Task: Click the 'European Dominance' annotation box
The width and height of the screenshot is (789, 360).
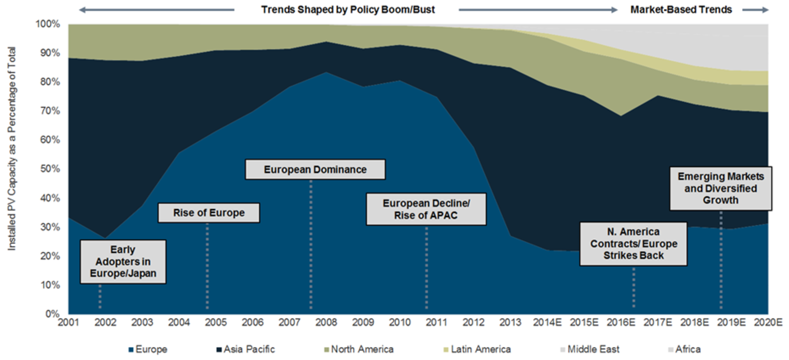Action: tap(315, 170)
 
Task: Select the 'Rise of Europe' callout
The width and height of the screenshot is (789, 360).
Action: tap(209, 213)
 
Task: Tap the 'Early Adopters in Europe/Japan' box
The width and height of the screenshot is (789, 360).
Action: tap(123, 262)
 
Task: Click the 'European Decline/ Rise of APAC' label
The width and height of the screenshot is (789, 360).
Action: tap(426, 209)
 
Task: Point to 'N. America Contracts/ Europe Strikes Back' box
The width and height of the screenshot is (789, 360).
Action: tap(633, 244)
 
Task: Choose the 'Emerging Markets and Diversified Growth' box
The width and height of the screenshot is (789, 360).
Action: tap(720, 189)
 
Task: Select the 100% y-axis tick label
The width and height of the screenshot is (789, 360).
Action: tap(48, 24)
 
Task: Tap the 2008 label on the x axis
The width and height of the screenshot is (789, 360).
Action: tap(326, 322)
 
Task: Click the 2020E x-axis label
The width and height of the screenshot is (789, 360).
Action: tap(768, 322)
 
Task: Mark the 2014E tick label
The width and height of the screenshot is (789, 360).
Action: tap(547, 322)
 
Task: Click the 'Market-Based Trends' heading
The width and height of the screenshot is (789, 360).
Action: tap(681, 9)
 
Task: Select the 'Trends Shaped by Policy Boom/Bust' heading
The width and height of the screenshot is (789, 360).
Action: tap(348, 9)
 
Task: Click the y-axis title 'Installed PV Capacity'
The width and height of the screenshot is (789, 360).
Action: tap(12, 148)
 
